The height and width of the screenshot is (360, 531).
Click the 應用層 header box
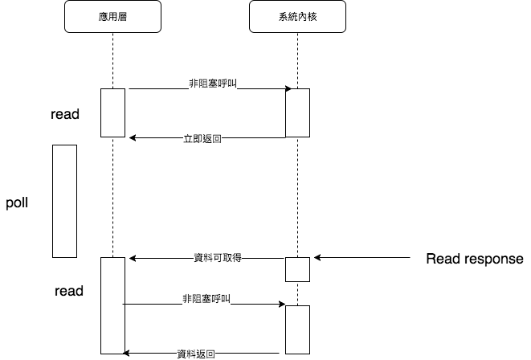pyautogui.click(x=112, y=17)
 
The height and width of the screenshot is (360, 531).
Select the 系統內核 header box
pyautogui.click(x=297, y=17)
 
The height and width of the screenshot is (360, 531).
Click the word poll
pyautogui.click(x=17, y=203)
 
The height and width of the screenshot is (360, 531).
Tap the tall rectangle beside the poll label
pyautogui.click(x=65, y=201)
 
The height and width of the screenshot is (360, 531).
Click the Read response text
pyautogui.click(x=475, y=259)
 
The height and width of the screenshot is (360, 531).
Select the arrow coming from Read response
pyautogui.click(x=362, y=258)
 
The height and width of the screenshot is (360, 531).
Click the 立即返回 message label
pyautogui.click(x=202, y=138)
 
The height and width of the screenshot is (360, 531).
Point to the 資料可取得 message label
pyautogui.click(x=218, y=258)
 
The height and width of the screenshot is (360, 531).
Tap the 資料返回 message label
pyautogui.click(x=196, y=354)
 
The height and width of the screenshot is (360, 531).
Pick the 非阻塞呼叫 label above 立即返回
pyautogui.click(x=213, y=84)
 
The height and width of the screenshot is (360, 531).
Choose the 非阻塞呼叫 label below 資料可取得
pyautogui.click(x=206, y=299)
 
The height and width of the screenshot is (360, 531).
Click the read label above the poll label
pyautogui.click(x=65, y=114)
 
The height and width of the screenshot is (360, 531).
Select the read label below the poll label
pyautogui.click(x=69, y=291)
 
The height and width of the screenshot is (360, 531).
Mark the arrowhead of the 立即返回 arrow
pyautogui.click(x=133, y=138)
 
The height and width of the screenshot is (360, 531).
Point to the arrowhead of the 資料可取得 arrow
pyautogui.click(x=133, y=259)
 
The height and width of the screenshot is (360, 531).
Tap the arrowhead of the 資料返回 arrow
pyautogui.click(x=125, y=354)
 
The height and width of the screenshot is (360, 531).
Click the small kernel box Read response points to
pyautogui.click(x=298, y=269)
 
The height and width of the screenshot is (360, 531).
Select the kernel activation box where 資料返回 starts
pyautogui.click(x=298, y=329)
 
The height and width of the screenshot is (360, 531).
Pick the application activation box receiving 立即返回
pyautogui.click(x=112, y=113)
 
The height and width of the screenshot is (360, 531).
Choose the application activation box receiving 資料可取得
pyautogui.click(x=112, y=306)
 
